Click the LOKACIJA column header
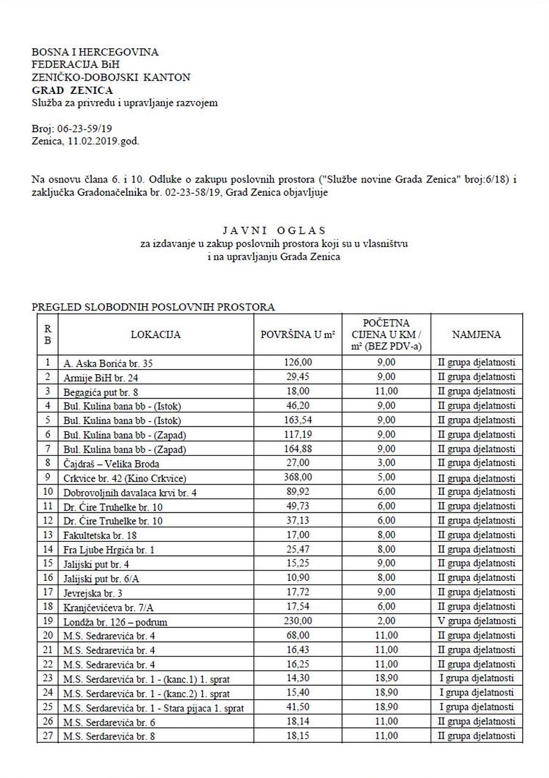(x=156, y=334)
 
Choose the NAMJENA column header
(x=476, y=334)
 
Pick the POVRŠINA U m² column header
(x=298, y=334)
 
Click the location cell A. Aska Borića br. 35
(x=108, y=364)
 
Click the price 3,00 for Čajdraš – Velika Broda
(x=386, y=463)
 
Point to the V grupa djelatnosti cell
(x=476, y=621)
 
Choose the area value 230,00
(x=298, y=621)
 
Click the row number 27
(x=48, y=737)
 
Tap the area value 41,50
(x=298, y=707)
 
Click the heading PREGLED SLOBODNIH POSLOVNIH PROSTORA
(x=153, y=307)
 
